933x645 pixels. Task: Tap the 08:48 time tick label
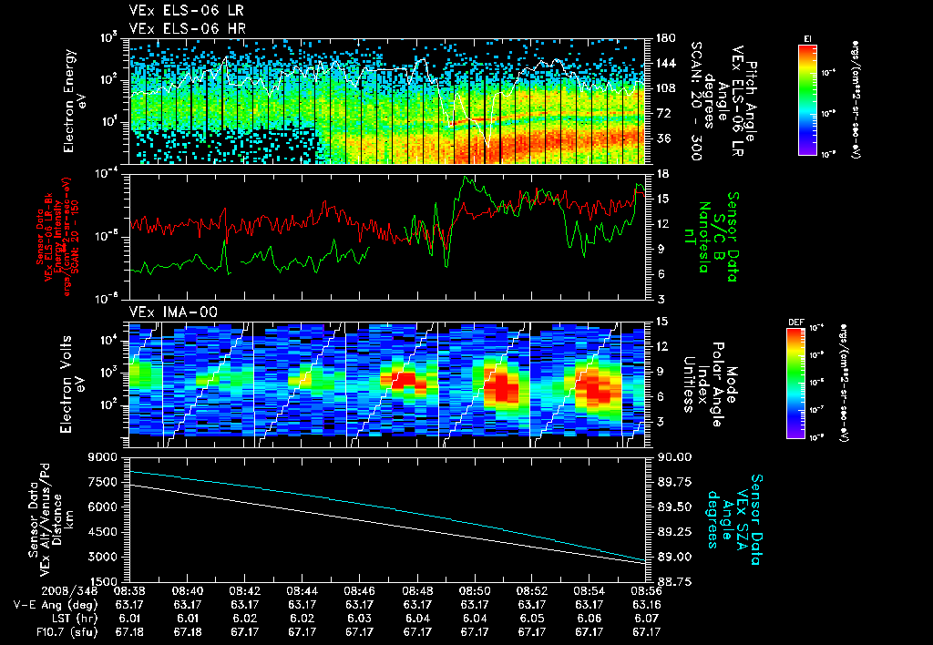point(417,590)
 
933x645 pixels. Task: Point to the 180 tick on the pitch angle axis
point(664,38)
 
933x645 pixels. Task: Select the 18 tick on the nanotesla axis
point(661,173)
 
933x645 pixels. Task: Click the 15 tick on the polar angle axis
point(661,322)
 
